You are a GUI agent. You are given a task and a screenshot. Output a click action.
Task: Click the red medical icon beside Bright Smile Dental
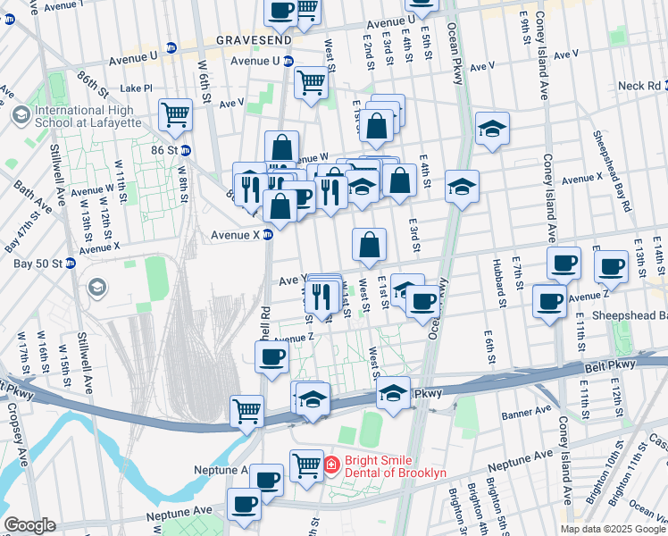[x=330, y=465]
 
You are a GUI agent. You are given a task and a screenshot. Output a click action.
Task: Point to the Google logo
[x=29, y=525]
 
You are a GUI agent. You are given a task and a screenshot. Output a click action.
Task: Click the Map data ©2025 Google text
[x=613, y=528]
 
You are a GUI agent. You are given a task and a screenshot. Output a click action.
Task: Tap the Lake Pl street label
[x=137, y=88]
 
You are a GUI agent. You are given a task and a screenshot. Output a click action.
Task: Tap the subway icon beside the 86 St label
[x=186, y=150]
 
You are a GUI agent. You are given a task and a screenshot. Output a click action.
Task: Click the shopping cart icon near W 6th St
[x=175, y=113]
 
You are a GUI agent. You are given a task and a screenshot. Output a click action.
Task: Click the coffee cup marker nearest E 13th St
[x=612, y=265]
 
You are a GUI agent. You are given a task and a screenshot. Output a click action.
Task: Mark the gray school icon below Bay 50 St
[x=96, y=289]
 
